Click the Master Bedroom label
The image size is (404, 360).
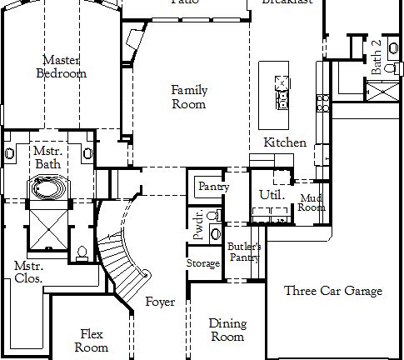click(61, 67)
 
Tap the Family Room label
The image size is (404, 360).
click(189, 97)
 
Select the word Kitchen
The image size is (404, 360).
click(284, 142)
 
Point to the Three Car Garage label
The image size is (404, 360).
click(333, 291)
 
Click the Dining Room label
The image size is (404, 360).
click(227, 330)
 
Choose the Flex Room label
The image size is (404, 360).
click(93, 340)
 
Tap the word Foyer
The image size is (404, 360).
click(160, 302)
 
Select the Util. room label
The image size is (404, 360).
click(272, 195)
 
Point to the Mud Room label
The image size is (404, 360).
click(312, 202)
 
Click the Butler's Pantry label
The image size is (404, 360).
click(244, 252)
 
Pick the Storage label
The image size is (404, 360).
click(202, 263)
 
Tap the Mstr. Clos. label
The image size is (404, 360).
click(27, 272)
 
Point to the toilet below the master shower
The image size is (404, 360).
click(81, 253)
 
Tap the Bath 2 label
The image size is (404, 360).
click(376, 56)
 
